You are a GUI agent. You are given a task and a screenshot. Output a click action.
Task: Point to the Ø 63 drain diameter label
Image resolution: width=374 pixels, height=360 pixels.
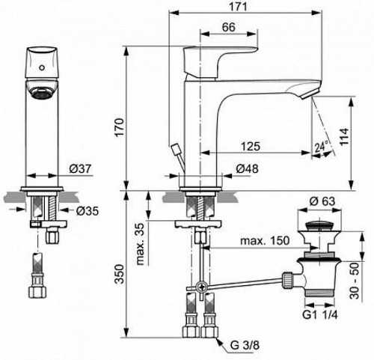(323, 201)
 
